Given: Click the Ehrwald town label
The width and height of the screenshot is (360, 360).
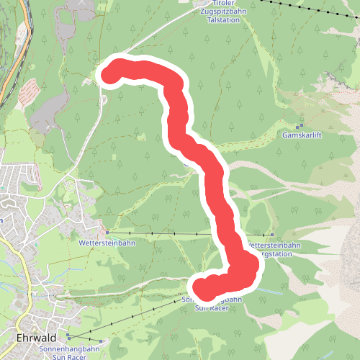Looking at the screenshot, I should point(36,337).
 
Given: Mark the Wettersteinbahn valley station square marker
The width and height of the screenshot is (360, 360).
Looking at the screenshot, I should point(107,233).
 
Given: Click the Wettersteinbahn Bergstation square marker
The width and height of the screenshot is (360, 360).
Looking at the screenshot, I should point(272,235).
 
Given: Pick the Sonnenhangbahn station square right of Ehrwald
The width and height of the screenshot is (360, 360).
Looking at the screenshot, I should point(68,336).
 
